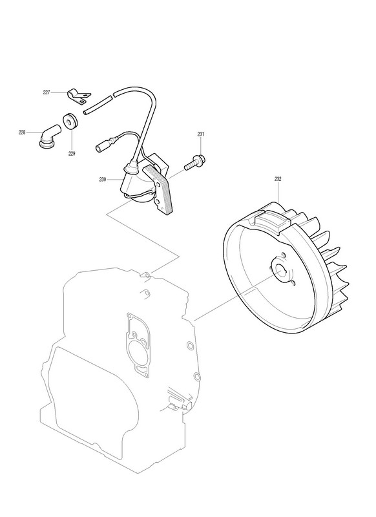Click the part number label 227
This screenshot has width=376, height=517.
pos(47,92)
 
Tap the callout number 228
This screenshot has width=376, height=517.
pos(22,132)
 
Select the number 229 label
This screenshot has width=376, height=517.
pos(72,153)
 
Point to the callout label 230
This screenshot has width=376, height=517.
pos(103,180)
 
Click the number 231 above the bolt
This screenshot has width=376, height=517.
pos(201,134)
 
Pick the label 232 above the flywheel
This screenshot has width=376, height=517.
pos(278,179)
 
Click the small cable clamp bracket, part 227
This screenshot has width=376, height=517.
pos(79,96)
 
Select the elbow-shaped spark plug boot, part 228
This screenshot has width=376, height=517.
pos(48,136)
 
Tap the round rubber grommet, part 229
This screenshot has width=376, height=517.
pos(70,121)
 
